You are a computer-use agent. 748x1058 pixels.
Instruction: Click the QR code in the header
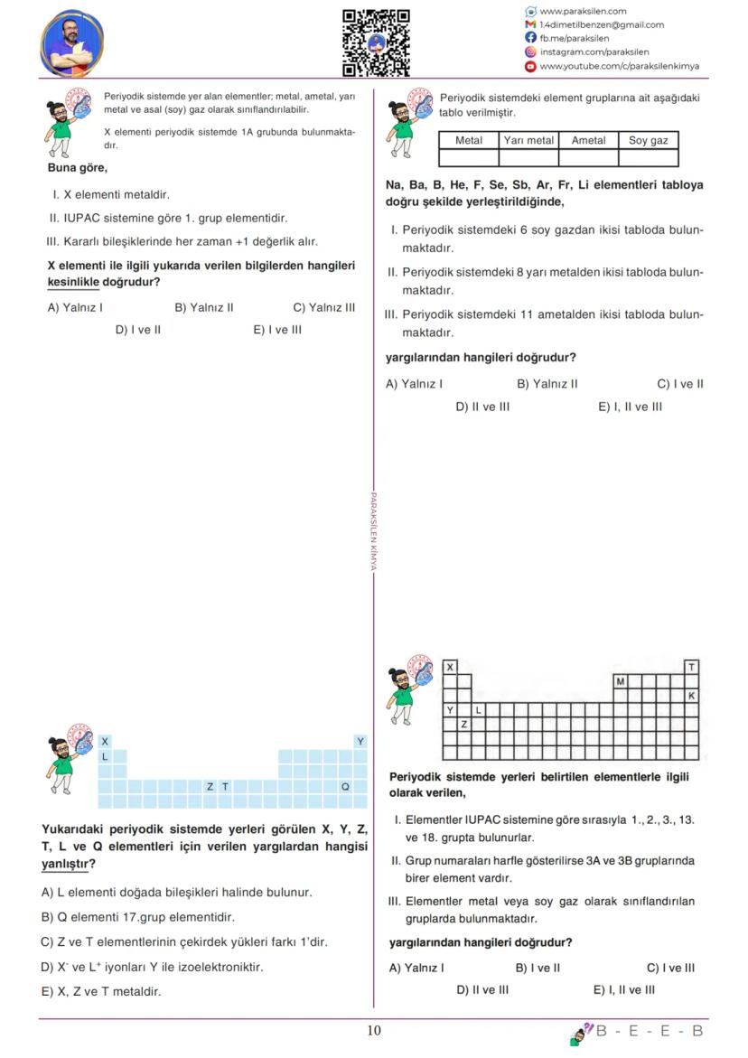point(376,42)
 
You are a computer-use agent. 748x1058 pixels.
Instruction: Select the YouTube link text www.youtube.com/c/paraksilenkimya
point(619,66)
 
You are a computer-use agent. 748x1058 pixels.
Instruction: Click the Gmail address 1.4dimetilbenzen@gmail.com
point(601,25)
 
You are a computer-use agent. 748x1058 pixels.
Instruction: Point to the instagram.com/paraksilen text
point(594,52)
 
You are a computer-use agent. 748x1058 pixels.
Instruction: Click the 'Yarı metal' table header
point(528,141)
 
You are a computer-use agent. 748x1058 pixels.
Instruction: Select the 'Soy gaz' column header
point(648,141)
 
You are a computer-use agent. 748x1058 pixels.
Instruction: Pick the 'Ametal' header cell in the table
point(588,141)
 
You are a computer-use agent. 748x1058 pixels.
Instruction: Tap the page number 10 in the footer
point(374,1031)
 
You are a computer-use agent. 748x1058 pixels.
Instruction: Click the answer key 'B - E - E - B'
point(649,1031)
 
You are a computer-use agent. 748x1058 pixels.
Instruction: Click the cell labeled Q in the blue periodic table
point(345,787)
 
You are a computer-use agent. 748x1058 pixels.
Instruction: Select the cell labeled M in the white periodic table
point(620,681)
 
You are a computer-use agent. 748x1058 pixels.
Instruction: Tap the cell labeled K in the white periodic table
point(692,696)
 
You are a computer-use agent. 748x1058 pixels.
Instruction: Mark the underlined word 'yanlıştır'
point(65,864)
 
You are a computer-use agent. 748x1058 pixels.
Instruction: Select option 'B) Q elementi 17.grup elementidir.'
point(138,917)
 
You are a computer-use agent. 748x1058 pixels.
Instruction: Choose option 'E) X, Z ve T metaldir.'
point(101,991)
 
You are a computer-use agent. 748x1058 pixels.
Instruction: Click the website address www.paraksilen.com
point(583,12)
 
